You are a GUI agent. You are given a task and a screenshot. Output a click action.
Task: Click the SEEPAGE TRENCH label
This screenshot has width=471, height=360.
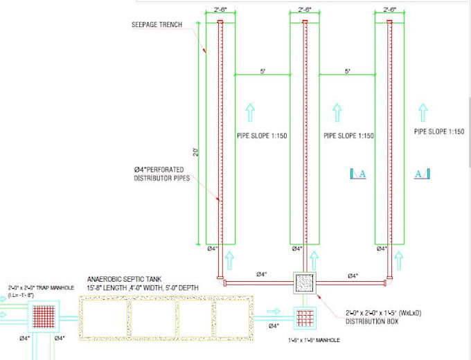[157, 25]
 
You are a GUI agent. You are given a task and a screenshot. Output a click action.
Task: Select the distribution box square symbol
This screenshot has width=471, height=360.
[305, 283]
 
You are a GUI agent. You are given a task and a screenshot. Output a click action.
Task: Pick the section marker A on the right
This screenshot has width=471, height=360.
[422, 174]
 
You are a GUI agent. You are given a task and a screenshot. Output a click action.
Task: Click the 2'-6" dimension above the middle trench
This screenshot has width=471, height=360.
[305, 10]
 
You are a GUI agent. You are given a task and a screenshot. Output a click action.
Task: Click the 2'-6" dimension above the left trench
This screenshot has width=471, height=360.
[220, 10]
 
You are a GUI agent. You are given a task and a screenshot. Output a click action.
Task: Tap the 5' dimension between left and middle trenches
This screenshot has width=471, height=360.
[263, 71]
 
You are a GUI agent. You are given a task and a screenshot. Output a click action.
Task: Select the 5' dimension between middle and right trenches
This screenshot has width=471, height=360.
[347, 71]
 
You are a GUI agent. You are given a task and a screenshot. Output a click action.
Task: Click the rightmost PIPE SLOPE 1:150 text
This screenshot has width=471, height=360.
[438, 131]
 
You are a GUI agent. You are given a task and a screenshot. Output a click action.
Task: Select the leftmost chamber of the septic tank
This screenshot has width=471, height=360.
[103, 316]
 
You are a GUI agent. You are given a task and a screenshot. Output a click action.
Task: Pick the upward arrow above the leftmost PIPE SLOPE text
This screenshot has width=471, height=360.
[251, 110]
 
